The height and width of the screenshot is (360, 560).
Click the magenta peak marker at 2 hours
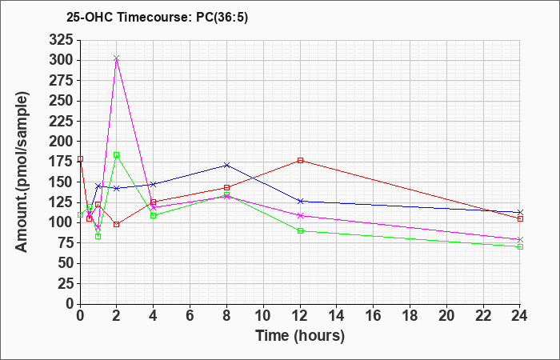pos(117,58)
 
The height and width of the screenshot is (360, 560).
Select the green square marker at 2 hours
pos(117,154)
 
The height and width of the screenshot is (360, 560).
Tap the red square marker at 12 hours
pos(300,160)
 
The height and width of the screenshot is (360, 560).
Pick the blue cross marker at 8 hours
pos(227,165)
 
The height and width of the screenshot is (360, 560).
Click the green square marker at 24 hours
pos(520,246)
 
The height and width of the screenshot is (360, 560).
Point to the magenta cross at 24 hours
pos(520,239)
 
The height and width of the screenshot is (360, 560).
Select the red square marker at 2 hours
pos(117,224)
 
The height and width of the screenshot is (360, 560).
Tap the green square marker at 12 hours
pos(300,230)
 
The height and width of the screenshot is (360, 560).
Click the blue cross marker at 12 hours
pos(300,201)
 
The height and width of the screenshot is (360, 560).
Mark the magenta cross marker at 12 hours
pos(300,215)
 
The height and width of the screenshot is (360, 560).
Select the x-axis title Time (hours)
pos(300,335)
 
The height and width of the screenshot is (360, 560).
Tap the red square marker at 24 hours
pos(520,218)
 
